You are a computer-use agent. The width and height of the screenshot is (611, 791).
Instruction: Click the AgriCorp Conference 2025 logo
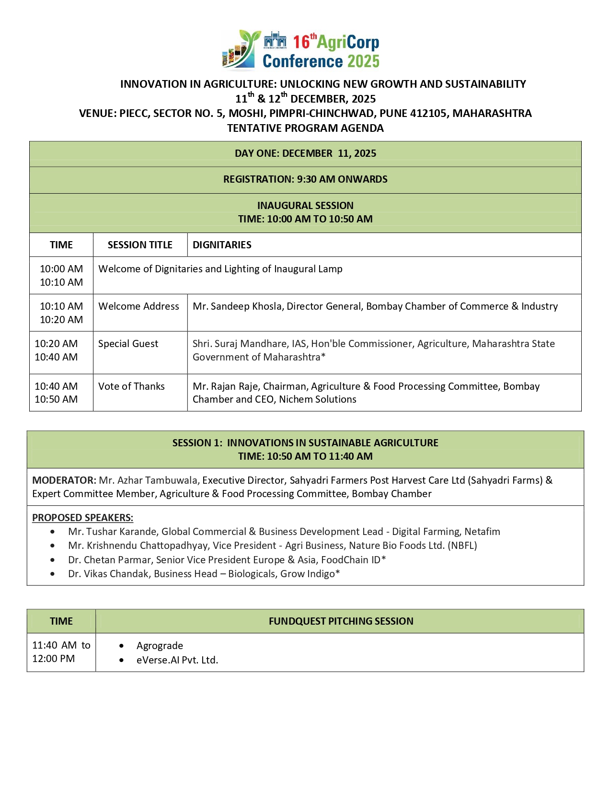301,50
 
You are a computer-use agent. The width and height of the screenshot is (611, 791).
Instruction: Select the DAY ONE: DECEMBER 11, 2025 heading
305,153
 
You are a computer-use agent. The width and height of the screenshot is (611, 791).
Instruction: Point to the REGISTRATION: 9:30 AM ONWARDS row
305,179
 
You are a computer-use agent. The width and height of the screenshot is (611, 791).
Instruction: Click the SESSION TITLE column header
140,245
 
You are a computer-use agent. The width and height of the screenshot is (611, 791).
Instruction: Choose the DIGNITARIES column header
222,245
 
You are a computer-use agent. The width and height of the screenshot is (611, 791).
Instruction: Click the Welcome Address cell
139,306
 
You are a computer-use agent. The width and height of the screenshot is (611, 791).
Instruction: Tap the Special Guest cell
128,344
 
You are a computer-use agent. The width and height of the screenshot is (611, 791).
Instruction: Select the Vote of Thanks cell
131,386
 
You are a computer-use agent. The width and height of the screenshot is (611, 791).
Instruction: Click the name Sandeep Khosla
246,306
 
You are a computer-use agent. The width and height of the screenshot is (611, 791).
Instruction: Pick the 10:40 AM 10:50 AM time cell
56,393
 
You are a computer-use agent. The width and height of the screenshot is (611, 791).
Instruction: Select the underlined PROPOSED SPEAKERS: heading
82,518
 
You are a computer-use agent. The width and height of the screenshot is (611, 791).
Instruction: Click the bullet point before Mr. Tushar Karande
52,532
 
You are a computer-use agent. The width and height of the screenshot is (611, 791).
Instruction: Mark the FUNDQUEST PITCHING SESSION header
341,621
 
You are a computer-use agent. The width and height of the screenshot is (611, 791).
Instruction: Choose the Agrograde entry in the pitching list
160,646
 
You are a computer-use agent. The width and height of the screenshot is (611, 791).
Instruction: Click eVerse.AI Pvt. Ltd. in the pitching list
177,660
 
